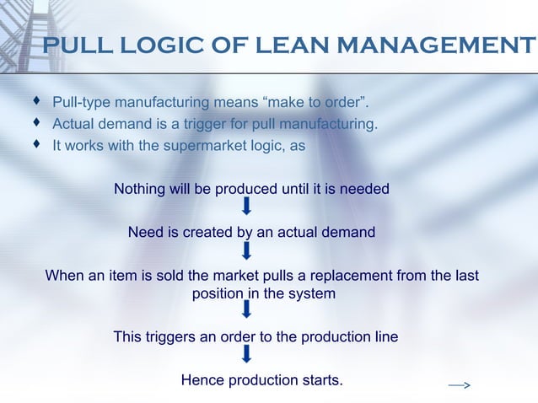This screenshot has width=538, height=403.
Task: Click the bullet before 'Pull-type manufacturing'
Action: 36,102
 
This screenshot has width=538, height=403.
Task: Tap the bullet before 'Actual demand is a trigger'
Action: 36,123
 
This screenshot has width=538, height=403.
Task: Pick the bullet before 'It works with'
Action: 36,144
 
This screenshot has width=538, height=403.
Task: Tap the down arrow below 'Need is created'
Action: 246,250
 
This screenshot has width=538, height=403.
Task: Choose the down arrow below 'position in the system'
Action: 246,311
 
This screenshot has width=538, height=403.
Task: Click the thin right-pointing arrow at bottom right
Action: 459,385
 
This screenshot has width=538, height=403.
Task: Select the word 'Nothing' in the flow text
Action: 140,189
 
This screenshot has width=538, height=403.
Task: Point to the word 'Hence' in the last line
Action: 202,380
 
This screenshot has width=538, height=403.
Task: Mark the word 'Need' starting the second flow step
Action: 145,232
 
